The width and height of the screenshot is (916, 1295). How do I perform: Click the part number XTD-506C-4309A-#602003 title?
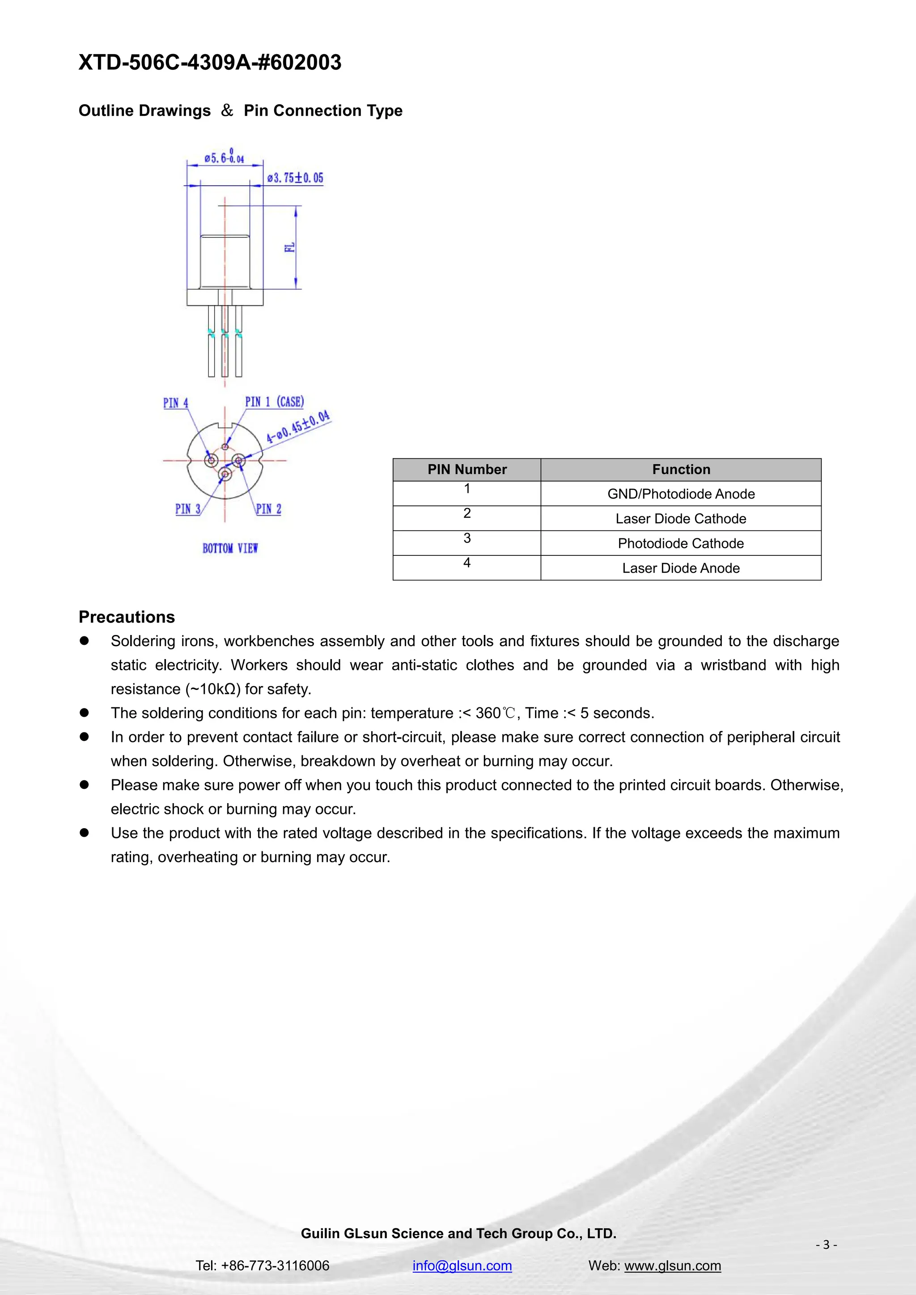[210, 62]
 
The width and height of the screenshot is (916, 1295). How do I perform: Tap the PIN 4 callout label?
[175, 403]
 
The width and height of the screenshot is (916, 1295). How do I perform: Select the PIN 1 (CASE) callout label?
[274, 402]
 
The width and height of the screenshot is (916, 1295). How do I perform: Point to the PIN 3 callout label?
[188, 509]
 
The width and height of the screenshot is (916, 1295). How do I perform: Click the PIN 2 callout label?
[268, 509]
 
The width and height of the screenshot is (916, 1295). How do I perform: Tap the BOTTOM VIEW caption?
[230, 548]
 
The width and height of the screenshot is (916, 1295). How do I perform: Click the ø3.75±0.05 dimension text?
[295, 178]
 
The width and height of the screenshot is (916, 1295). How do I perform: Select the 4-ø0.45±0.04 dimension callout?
[298, 427]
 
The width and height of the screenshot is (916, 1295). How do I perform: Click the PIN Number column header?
[467, 469]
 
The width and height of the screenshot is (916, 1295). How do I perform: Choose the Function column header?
[681, 469]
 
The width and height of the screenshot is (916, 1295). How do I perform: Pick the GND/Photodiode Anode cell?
[681, 494]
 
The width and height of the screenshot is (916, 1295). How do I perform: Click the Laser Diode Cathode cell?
[681, 519]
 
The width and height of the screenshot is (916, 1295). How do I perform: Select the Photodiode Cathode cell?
[681, 544]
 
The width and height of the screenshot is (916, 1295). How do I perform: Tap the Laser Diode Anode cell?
[681, 568]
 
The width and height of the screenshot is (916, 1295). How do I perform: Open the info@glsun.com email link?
[462, 1265]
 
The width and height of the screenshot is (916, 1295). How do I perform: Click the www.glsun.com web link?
[672, 1265]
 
